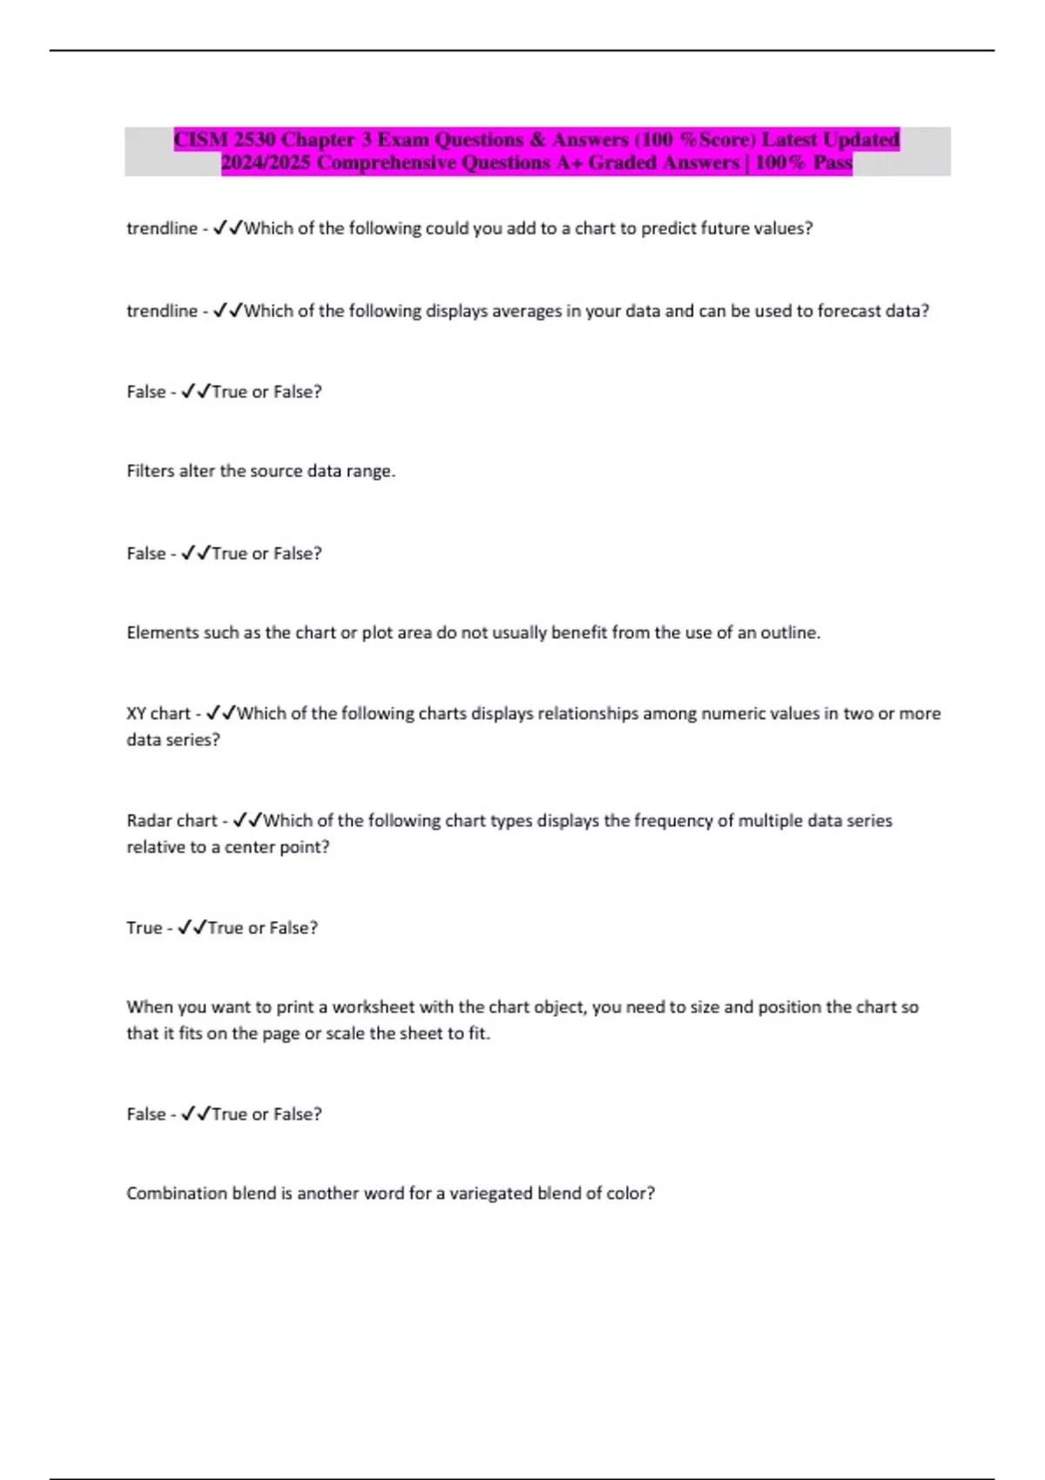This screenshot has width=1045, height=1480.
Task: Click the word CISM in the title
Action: [201, 140]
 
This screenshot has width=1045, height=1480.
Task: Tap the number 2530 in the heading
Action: [253, 140]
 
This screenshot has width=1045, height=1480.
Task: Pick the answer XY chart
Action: [158, 714]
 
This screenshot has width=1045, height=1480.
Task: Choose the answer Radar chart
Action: [171, 821]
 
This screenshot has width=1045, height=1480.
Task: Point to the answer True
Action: [144, 928]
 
